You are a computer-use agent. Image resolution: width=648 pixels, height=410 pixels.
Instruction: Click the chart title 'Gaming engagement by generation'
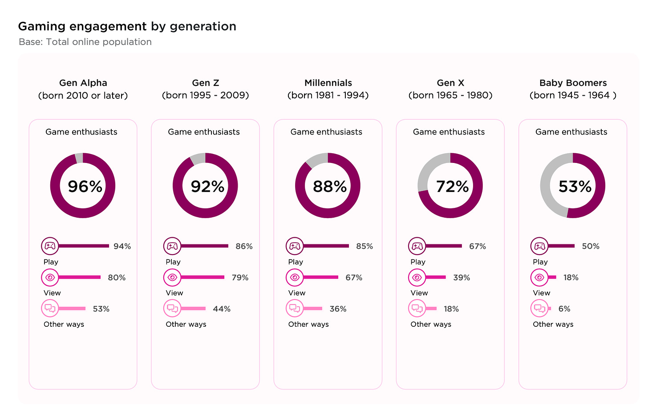tap(127, 26)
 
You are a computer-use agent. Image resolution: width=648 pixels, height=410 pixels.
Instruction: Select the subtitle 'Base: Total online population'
tap(85, 42)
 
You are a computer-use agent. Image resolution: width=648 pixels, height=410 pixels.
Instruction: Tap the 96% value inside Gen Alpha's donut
tap(85, 186)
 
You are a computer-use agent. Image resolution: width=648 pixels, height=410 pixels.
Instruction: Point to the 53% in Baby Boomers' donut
tap(575, 186)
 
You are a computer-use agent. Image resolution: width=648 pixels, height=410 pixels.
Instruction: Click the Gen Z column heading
tap(205, 83)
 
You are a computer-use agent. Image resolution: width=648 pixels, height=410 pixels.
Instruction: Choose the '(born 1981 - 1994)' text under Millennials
tap(328, 95)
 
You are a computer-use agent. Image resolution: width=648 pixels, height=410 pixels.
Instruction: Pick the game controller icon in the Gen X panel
tap(417, 246)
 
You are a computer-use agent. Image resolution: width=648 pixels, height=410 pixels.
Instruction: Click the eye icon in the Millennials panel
tap(295, 277)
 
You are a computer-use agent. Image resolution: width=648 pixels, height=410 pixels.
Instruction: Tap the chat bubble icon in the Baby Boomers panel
tap(539, 308)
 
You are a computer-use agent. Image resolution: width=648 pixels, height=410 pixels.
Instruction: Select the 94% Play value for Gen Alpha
tap(122, 246)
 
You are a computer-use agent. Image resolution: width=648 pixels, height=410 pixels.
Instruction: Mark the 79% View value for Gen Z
tap(240, 277)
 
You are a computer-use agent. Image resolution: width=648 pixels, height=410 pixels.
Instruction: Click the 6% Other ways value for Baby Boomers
tap(564, 309)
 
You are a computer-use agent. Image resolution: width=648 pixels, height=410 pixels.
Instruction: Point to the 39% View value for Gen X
tap(462, 277)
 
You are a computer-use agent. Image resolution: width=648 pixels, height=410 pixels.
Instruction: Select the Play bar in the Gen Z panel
tap(205, 246)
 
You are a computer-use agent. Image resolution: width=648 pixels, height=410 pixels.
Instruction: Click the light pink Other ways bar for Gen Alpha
tap(72, 309)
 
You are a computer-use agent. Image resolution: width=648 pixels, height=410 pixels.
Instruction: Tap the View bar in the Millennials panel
tap(320, 277)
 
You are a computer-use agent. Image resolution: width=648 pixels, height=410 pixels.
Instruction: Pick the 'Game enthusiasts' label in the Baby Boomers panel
tap(571, 132)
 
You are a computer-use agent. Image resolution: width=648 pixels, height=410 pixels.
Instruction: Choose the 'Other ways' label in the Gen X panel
tap(431, 324)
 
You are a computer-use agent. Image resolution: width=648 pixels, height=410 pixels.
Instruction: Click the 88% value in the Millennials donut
tap(329, 186)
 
